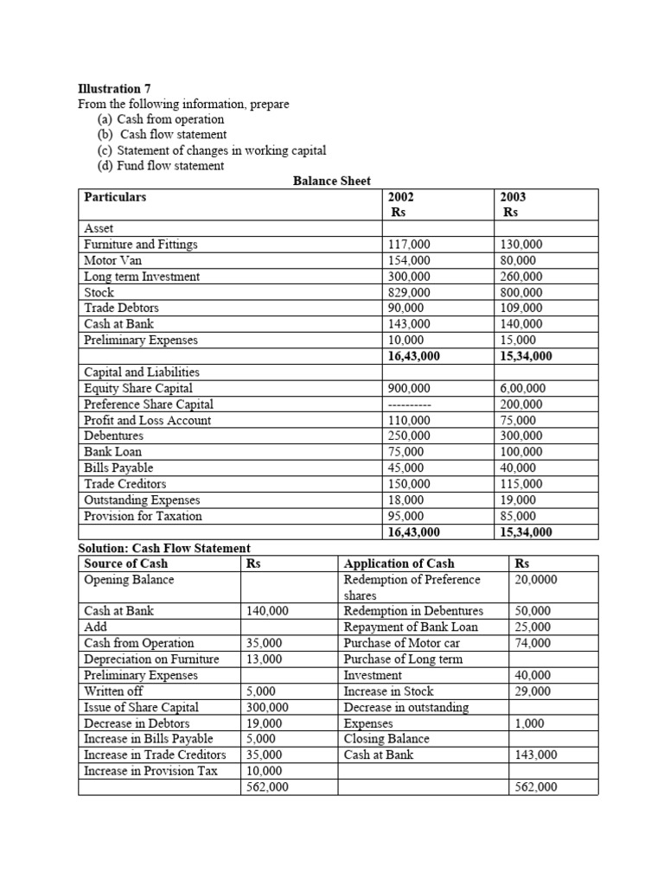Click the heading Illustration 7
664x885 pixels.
(x=108, y=88)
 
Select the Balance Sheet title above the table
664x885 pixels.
(x=332, y=181)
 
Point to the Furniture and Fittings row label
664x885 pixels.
(x=140, y=245)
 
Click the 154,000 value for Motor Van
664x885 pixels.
(x=410, y=260)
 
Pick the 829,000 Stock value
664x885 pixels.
(x=410, y=292)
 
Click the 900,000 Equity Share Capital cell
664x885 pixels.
(x=410, y=388)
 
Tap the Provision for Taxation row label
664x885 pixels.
(x=143, y=516)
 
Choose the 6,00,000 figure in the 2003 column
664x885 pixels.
(x=522, y=388)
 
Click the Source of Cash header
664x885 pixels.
(x=125, y=563)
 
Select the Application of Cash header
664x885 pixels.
(x=399, y=563)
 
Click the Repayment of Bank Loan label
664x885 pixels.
(x=411, y=627)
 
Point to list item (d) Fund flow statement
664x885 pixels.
(x=161, y=165)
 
